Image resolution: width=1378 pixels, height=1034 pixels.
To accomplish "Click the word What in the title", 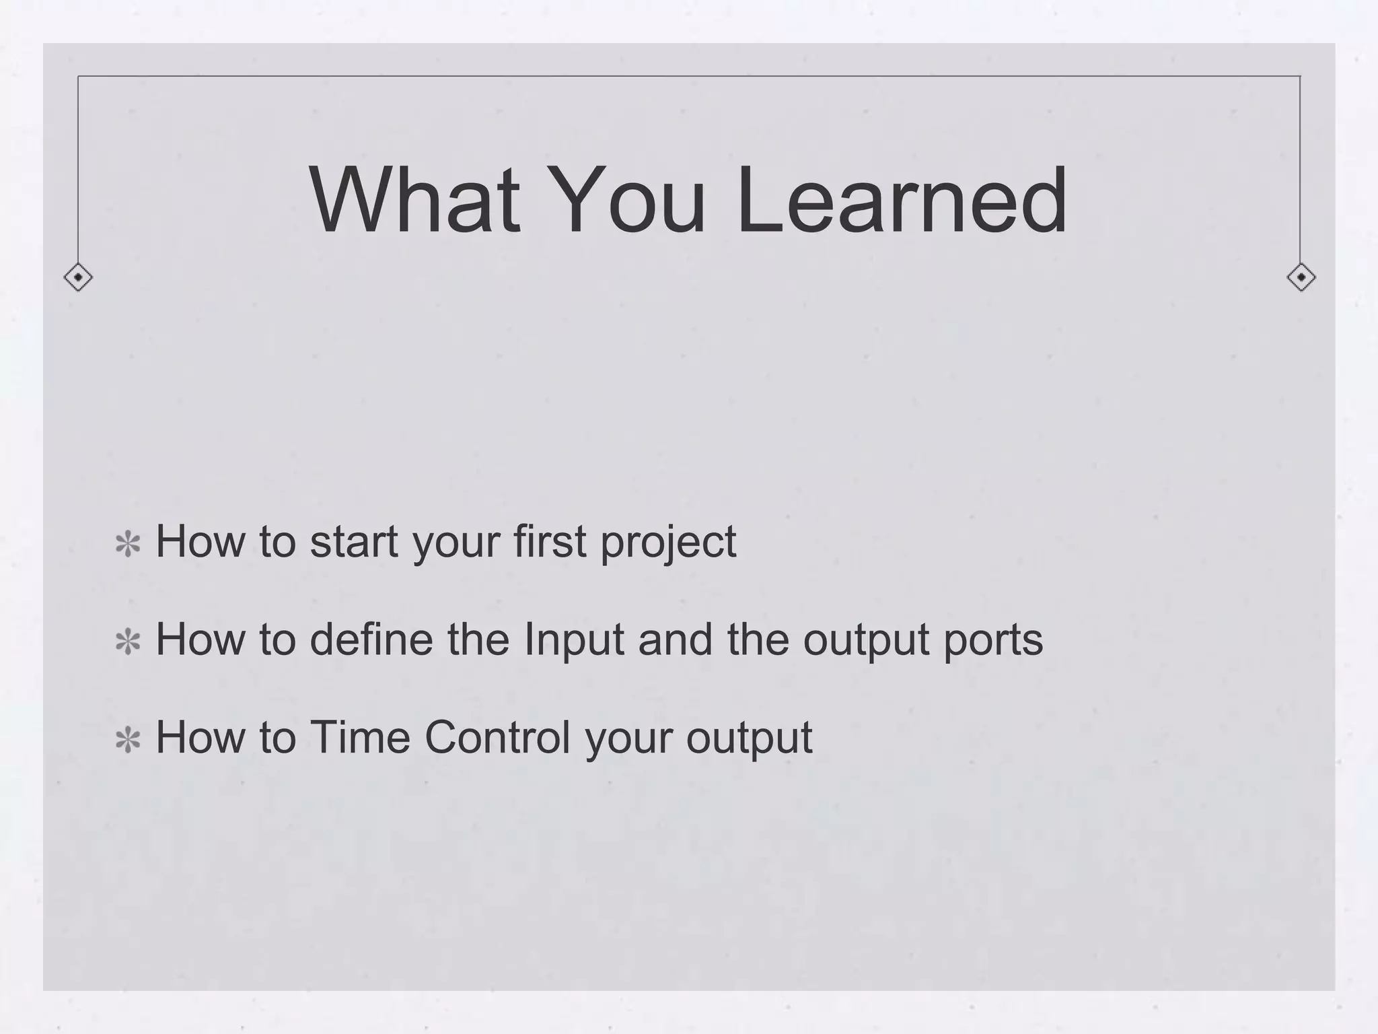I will pos(414,201).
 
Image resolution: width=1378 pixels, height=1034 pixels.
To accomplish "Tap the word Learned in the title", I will pos(901,201).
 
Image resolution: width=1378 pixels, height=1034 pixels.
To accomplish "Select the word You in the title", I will pos(628,201).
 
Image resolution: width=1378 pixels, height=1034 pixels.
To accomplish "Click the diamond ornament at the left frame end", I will pos(78,277).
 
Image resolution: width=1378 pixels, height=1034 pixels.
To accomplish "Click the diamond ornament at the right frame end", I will pos(1301,277).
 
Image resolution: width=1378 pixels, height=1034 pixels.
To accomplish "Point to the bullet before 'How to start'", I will pos(128,545).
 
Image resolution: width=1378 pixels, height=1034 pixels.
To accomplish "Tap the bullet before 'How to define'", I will pos(128,642).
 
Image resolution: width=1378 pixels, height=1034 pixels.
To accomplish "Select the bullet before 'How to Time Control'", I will pos(128,740).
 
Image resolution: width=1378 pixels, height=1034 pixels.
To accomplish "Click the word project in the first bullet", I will pos(668,543).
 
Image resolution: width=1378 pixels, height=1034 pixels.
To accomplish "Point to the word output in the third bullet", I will pos(749,738).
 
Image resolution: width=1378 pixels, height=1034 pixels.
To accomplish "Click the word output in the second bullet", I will pos(866,640).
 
